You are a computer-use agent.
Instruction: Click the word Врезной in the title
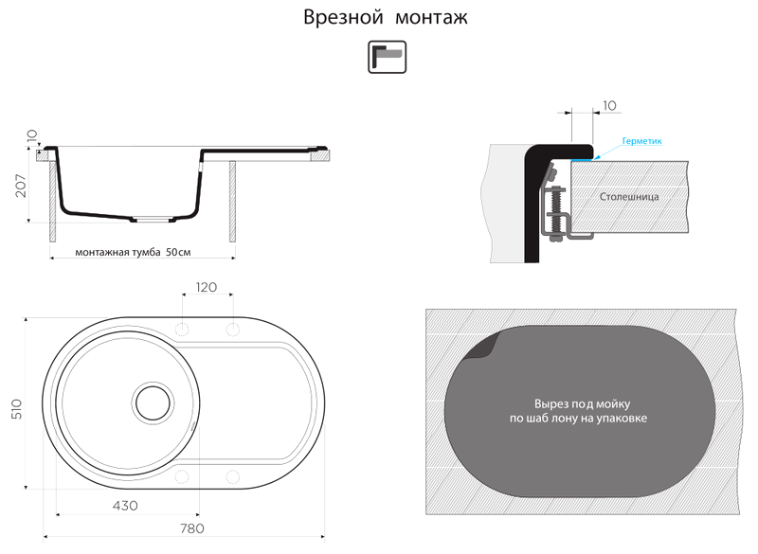click(x=343, y=18)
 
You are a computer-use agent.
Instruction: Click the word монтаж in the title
click(x=432, y=18)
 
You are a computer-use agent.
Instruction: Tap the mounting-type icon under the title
click(x=388, y=57)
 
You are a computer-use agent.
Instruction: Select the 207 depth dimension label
click(x=21, y=186)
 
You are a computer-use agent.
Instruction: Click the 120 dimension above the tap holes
click(x=207, y=287)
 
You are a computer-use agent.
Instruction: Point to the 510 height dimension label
click(x=16, y=408)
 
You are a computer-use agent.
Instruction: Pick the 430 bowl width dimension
click(x=125, y=505)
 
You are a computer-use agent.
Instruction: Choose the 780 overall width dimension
click(x=192, y=528)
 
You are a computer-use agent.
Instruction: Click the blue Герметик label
click(x=642, y=141)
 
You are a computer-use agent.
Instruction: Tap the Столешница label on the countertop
click(x=629, y=197)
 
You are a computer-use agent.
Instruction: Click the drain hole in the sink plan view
click(x=153, y=402)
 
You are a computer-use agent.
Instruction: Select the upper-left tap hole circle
click(x=182, y=329)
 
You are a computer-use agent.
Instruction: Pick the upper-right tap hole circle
click(x=232, y=329)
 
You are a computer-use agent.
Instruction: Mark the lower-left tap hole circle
click(x=182, y=476)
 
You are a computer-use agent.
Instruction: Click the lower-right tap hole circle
click(x=232, y=476)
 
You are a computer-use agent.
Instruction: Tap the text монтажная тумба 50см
click(x=133, y=252)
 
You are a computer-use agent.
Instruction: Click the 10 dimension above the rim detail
click(x=609, y=105)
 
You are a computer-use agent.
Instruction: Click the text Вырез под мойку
click(x=582, y=403)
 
